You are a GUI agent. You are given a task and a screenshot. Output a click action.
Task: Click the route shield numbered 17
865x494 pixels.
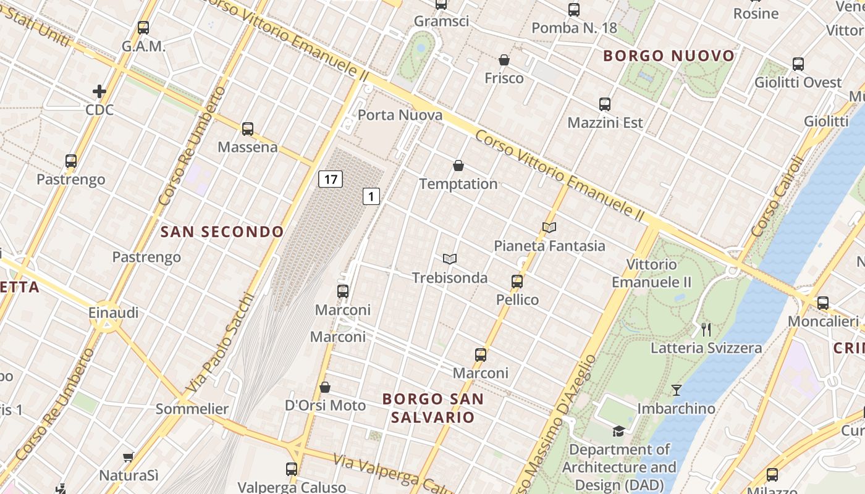pos(331,180)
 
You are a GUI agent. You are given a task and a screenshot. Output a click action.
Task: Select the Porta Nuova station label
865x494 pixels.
pos(400,115)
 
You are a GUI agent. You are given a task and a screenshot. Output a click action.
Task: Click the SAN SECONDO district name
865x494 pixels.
pos(222,232)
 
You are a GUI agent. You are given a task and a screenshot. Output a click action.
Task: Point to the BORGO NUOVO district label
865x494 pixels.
pos(669,56)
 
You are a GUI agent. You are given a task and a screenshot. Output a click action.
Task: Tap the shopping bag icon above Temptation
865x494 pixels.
pos(458,165)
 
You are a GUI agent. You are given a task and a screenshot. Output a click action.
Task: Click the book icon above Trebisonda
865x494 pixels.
pos(450,259)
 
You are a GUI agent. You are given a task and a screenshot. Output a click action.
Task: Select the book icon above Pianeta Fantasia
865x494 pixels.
pos(549,227)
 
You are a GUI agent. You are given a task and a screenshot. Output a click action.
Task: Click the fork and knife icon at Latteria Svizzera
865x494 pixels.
pos(706,329)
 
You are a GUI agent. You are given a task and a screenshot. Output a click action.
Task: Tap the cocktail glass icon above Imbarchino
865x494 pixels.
pos(677,390)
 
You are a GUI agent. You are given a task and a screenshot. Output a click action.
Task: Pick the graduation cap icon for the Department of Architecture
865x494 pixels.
pos(618,431)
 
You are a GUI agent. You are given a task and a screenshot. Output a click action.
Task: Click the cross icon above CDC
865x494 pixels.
pos(99,91)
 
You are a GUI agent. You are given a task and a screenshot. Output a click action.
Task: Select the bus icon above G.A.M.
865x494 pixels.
pos(143,28)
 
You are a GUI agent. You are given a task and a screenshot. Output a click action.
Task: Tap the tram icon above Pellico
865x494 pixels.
pos(517,282)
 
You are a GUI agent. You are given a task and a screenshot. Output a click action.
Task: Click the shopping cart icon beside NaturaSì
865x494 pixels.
pos(128,457)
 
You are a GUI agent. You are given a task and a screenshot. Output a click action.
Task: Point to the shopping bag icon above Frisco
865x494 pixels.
pos(504,60)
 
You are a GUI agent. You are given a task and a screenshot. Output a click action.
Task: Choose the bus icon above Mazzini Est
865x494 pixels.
pos(605,104)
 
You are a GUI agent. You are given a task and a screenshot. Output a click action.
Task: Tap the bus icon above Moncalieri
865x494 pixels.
pos(823,303)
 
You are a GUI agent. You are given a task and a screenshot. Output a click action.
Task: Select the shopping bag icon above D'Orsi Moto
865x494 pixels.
pos(325,387)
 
